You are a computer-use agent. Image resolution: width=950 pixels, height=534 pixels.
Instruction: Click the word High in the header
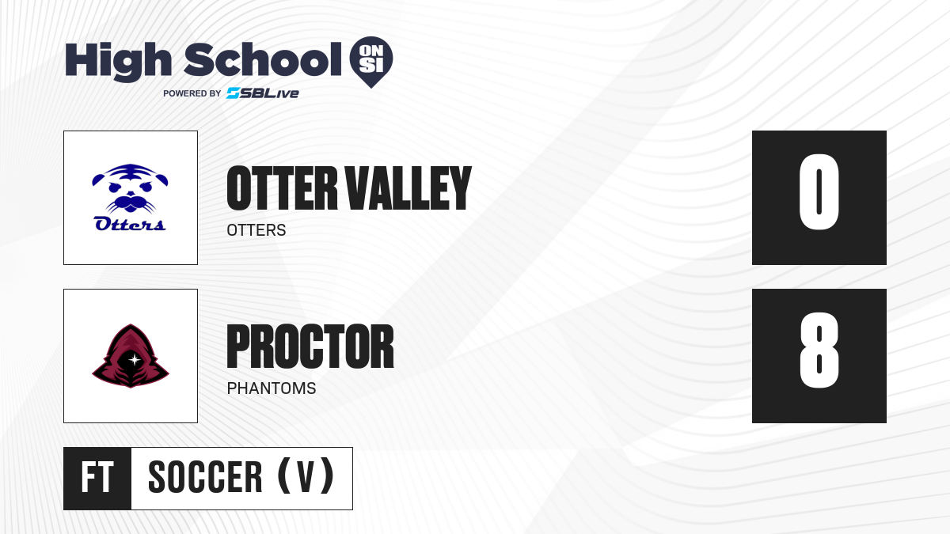point(118,61)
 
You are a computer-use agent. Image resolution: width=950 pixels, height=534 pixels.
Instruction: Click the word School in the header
point(263,59)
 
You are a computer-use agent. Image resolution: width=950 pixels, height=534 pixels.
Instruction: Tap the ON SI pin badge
point(371,62)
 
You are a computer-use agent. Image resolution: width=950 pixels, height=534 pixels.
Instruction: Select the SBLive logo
point(263,93)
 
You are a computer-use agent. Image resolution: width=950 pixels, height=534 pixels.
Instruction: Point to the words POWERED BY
point(192,93)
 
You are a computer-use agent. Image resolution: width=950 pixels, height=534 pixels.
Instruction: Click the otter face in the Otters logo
point(130,187)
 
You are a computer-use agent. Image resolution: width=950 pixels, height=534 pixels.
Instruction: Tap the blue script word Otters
point(130,223)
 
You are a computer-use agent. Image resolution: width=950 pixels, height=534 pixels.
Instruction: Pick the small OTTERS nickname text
point(256,230)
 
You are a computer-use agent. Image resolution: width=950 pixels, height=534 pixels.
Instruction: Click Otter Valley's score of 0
point(819,191)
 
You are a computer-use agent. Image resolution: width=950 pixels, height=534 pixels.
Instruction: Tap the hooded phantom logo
point(131,356)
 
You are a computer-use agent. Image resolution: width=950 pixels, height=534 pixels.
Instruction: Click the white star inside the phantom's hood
point(135,360)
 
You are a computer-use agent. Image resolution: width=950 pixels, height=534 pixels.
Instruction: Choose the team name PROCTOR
point(310,347)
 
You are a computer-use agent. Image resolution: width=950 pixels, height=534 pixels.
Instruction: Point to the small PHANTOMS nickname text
point(272,388)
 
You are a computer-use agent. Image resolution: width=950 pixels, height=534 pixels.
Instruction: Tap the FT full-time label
point(97,478)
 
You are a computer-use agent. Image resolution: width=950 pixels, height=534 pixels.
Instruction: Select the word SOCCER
point(205,478)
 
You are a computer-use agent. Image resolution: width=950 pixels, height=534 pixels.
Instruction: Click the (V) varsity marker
point(306,476)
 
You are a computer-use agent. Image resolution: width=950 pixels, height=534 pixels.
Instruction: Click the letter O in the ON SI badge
point(365,51)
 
